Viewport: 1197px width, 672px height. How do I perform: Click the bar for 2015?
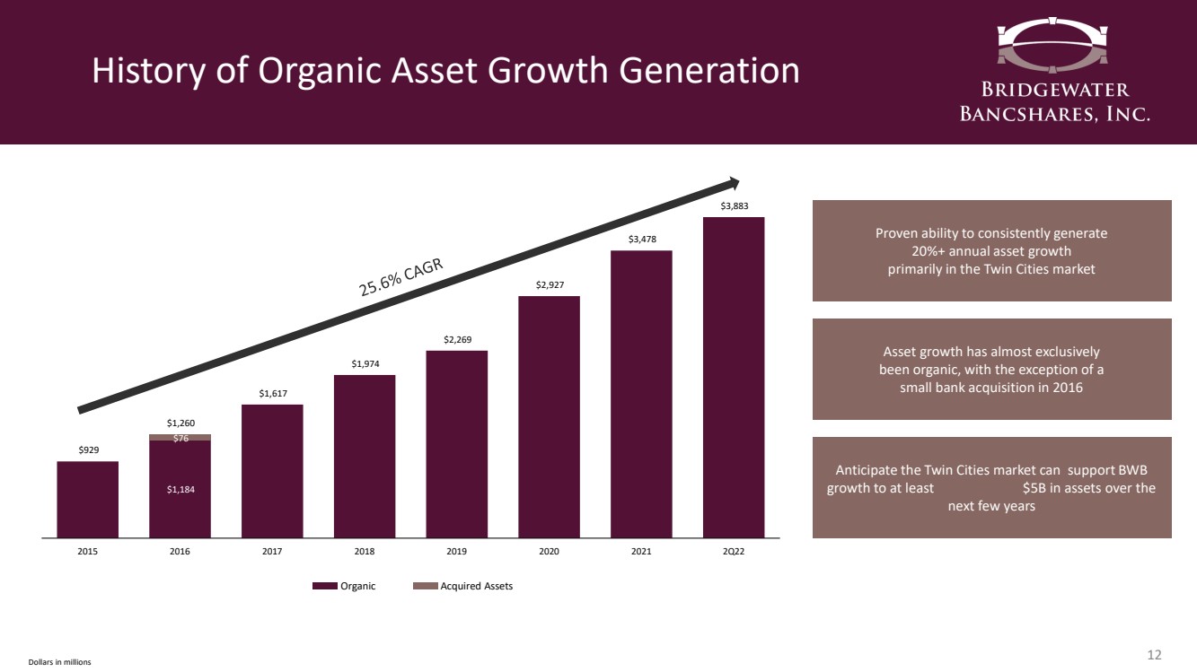(87, 499)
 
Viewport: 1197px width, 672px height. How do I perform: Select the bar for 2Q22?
(734, 377)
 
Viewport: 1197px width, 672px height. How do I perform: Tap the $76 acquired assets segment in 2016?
(180, 437)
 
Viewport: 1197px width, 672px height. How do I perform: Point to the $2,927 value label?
(549, 285)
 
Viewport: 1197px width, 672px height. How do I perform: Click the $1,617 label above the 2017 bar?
(272, 393)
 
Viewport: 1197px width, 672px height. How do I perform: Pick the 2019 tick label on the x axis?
(456, 552)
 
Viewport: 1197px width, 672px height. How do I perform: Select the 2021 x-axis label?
(641, 552)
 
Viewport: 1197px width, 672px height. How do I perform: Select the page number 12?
(1155, 653)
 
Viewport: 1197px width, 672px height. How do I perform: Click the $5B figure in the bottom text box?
(1040, 488)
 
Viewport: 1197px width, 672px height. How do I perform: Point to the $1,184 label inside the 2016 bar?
(180, 489)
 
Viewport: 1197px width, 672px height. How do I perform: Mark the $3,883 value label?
(734, 206)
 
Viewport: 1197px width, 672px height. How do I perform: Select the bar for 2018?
(365, 456)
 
